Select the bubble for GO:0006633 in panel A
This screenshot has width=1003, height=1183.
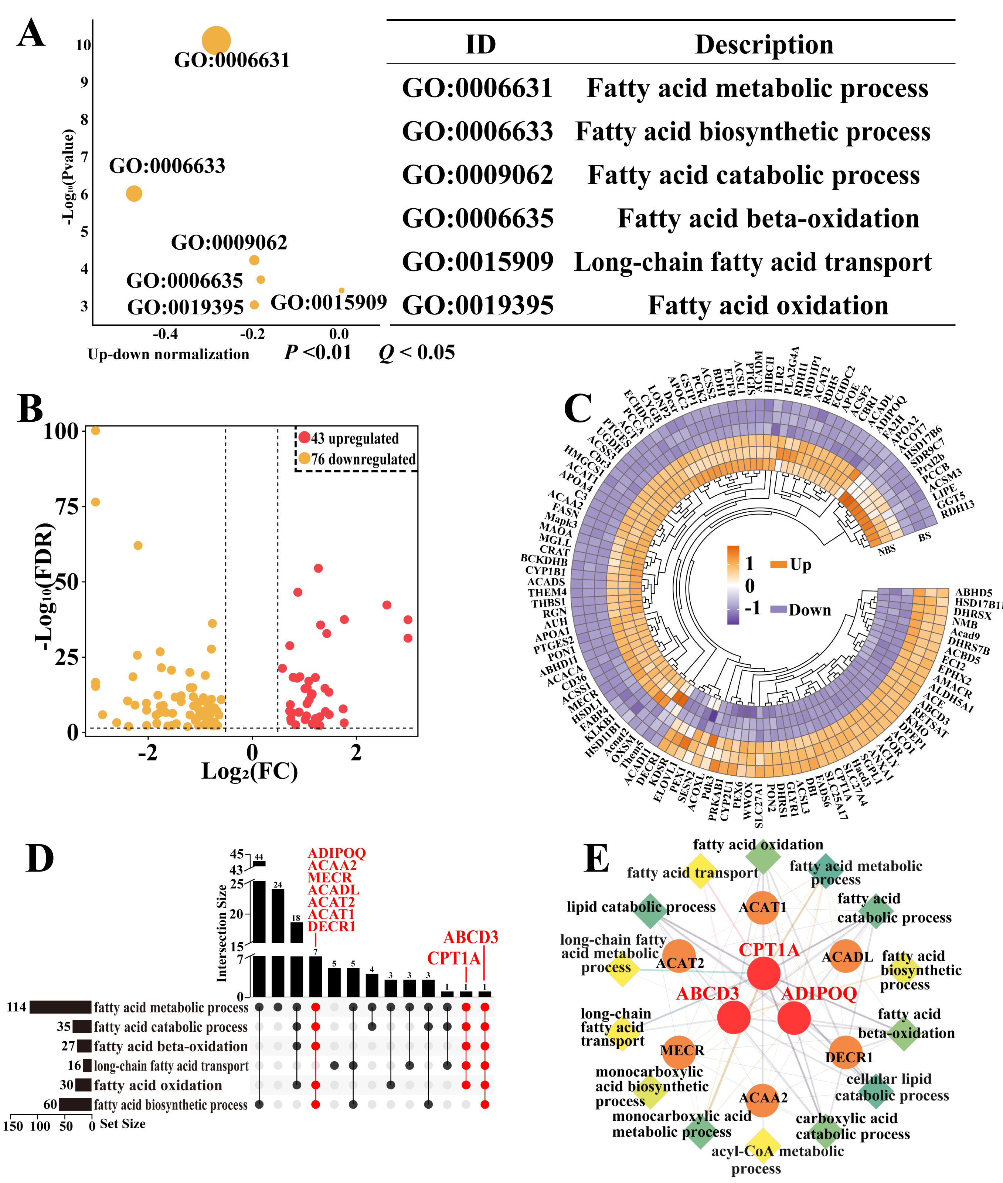click(134, 193)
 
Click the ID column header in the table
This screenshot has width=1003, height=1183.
click(480, 44)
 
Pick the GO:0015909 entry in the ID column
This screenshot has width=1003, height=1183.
click(477, 262)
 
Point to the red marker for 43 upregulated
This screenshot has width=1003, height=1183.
click(304, 438)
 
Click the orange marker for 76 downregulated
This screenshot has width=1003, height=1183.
click(304, 458)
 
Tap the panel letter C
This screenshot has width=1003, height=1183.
click(578, 408)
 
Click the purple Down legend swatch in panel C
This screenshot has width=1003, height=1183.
click(778, 609)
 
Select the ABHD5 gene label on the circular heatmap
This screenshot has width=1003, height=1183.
click(973, 592)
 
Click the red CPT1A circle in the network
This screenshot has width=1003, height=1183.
click(763, 973)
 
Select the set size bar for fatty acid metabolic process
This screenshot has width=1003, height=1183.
click(60, 1007)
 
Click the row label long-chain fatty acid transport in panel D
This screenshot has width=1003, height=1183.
click(171, 1066)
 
